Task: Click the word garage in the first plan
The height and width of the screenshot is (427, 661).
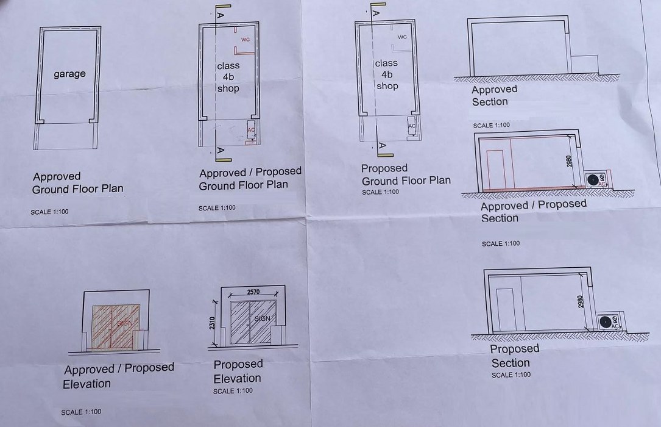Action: pos(69,74)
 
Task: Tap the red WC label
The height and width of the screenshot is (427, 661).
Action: pos(246,39)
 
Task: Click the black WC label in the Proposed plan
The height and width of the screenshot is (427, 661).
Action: pos(403,37)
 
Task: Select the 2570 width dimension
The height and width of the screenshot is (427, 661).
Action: pos(253,292)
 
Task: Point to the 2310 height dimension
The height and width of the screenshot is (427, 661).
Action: pos(212,323)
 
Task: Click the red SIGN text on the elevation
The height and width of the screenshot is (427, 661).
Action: pos(124,323)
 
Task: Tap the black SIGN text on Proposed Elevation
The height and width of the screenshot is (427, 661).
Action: pos(262,318)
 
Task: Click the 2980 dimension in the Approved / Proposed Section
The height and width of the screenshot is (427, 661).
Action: pos(568,161)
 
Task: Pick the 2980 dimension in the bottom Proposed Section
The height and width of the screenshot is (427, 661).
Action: pos(581,301)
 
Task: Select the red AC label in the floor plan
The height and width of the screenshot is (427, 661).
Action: pos(251,129)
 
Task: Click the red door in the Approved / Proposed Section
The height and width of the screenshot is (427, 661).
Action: pos(495,169)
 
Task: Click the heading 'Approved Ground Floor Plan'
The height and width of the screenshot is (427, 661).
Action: pos(77,183)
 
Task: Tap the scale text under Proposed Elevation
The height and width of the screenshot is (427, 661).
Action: pos(233,391)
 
